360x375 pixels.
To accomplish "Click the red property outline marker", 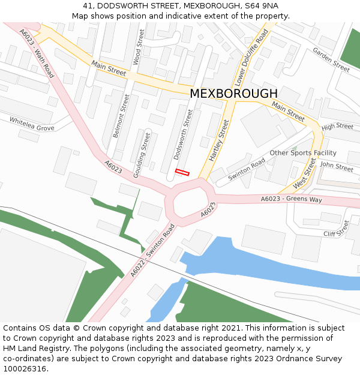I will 182,173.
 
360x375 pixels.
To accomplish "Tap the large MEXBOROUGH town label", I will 233,94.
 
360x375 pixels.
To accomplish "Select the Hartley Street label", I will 219,140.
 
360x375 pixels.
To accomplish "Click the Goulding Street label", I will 142,154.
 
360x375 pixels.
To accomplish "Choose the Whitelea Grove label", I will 32,124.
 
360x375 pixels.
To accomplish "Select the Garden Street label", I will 331,60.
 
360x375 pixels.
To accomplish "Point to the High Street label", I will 337,127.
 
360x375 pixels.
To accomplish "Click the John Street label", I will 337,166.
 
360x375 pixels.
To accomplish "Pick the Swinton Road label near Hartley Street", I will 247,170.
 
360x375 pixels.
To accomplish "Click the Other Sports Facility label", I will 303,153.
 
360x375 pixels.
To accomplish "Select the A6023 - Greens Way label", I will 292,199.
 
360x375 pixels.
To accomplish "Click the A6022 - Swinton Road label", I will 152,250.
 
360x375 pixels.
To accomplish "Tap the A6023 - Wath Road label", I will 37,53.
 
